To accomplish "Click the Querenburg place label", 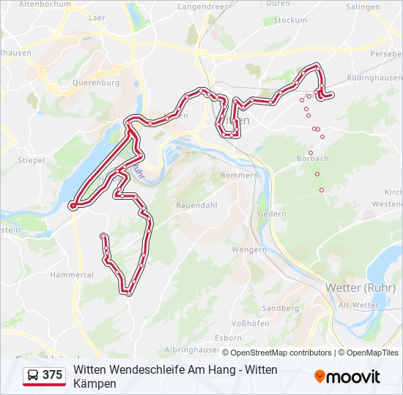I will point(96,83).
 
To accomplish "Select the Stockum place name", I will point(290,20).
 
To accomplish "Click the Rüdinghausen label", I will point(374,78).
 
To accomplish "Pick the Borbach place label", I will point(312,159).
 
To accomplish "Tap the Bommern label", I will point(240,176).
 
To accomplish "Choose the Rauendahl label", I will point(196,206).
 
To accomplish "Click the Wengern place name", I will point(249,249).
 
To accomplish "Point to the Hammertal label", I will point(72,275).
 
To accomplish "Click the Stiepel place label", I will point(32,159).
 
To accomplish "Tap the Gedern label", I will point(272,214).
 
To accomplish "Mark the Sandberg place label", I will point(281,309).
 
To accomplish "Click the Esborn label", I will point(229,338).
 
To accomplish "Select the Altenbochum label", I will point(45,4).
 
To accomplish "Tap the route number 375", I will point(53,375).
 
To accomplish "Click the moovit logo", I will point(347,377).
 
